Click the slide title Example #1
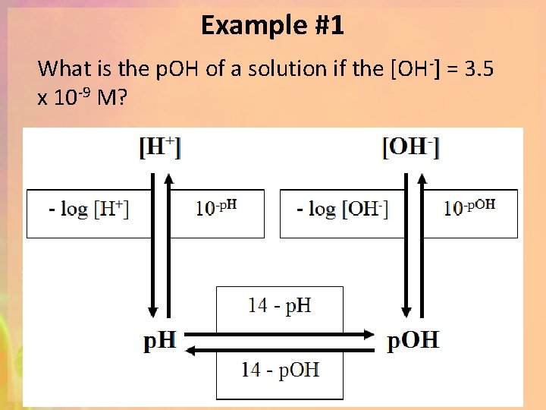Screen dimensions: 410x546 click(x=272, y=27)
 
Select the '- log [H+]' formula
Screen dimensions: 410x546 click(x=89, y=209)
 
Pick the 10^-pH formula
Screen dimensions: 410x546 click(x=217, y=207)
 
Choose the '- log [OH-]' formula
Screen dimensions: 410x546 click(x=343, y=209)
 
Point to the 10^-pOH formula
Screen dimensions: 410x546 click(x=469, y=207)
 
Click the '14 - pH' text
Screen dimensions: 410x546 click(x=280, y=305)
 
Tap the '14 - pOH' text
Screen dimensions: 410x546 click(x=280, y=370)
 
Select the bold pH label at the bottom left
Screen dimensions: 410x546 click(x=160, y=341)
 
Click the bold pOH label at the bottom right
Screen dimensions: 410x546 click(x=413, y=341)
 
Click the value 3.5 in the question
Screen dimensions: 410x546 click(x=479, y=69)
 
